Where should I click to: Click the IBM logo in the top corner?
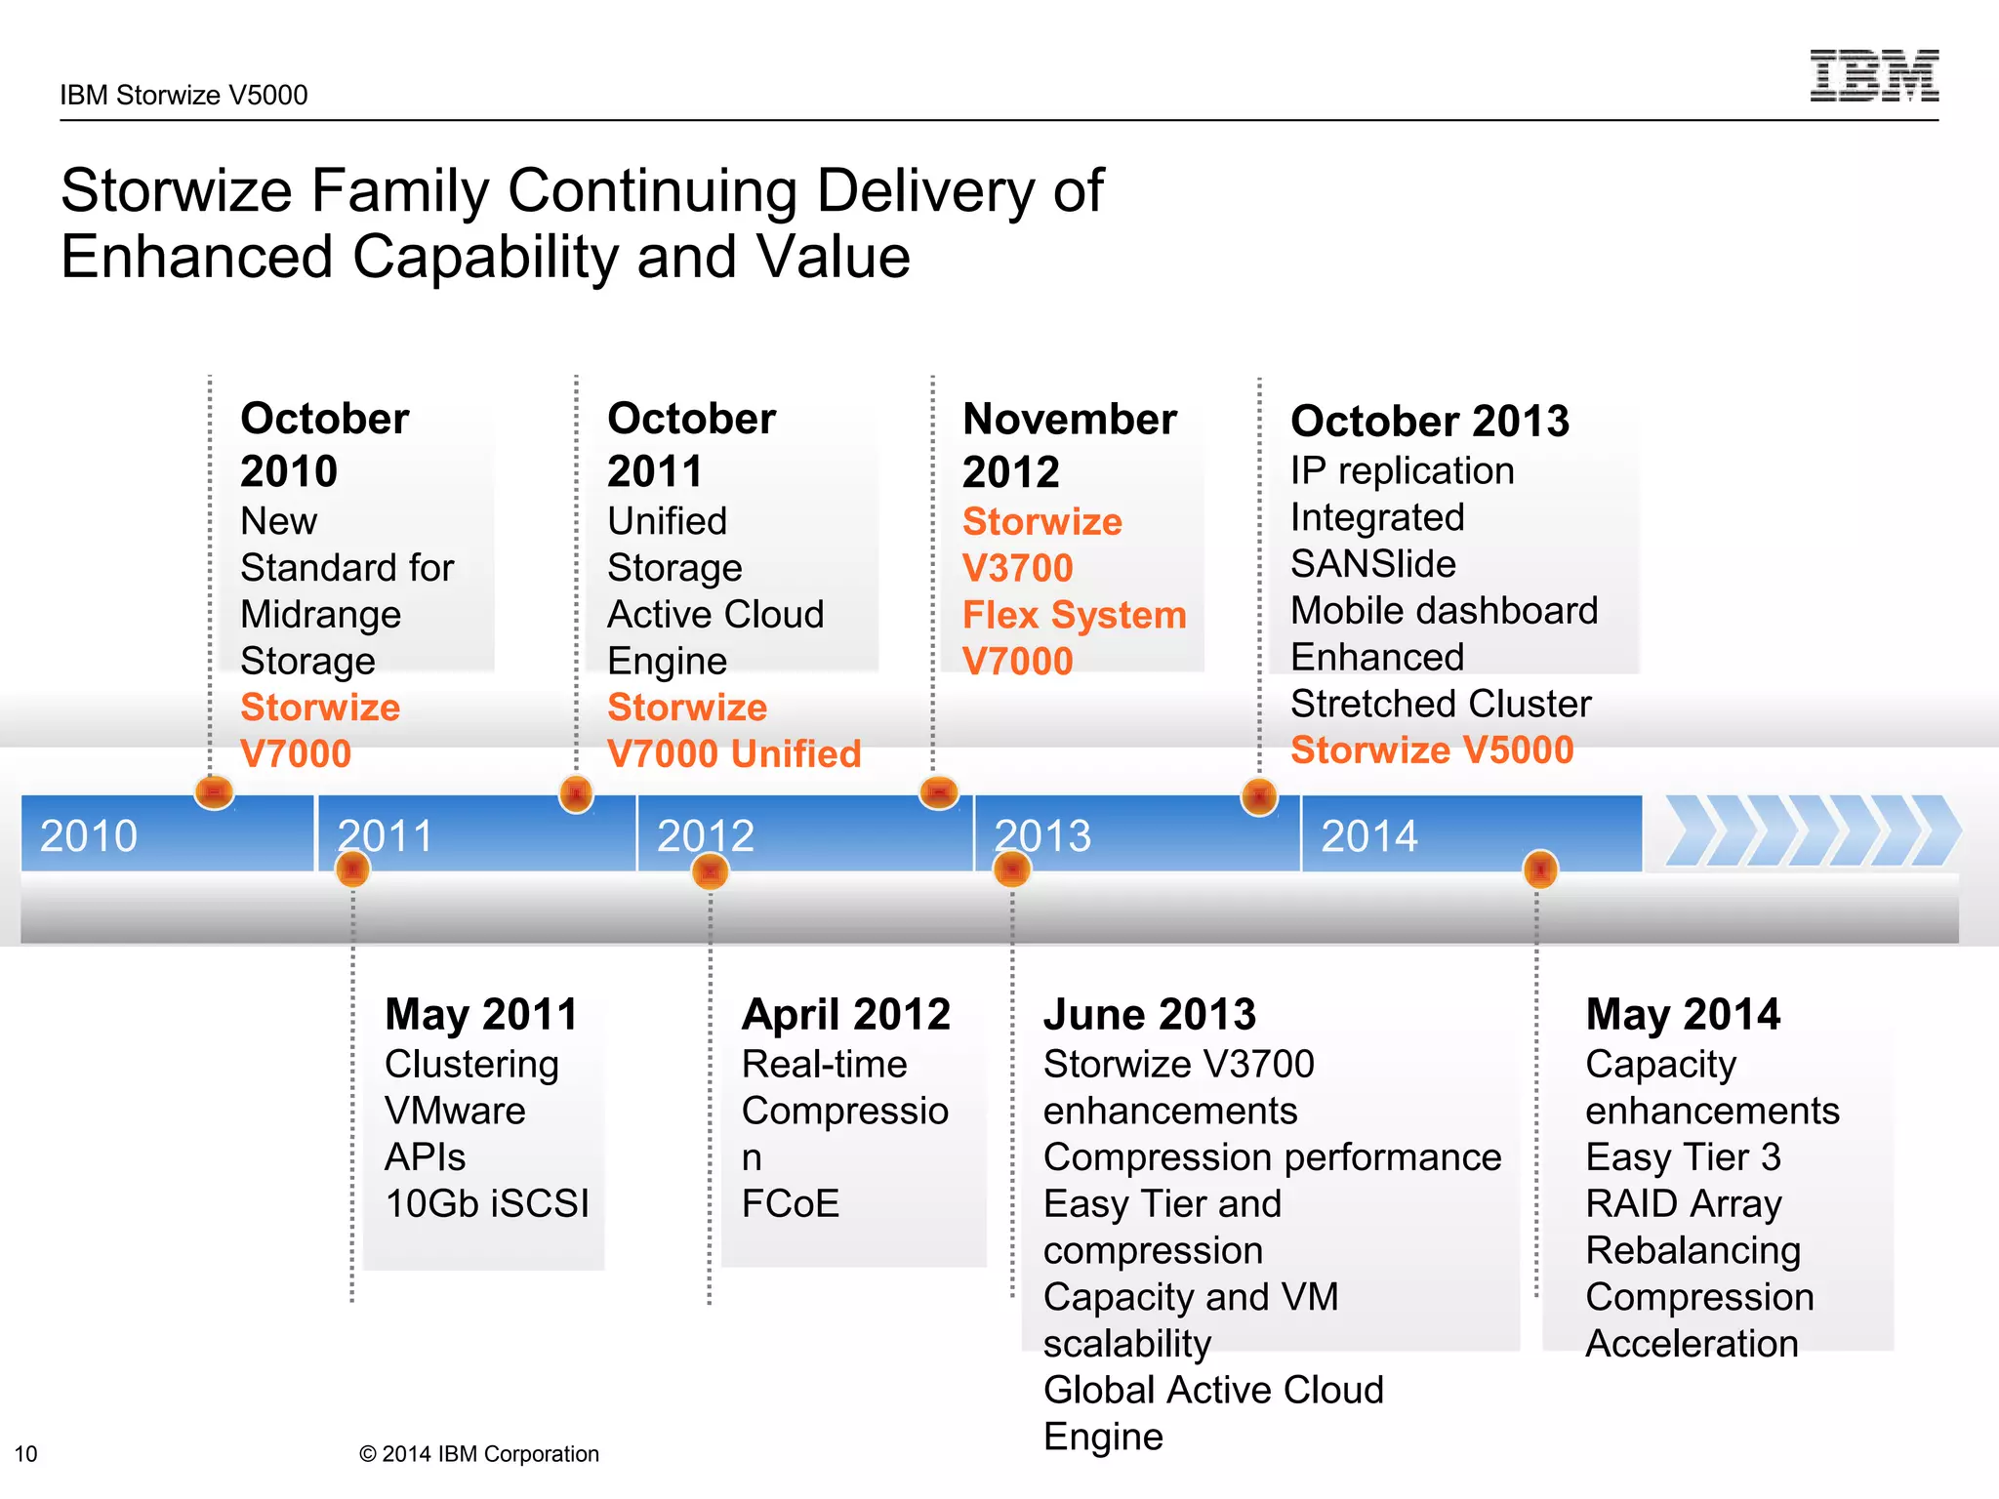tap(1873, 75)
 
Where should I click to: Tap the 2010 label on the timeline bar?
tap(89, 835)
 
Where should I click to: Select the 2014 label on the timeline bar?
tap(1368, 835)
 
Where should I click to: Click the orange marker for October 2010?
tap(214, 791)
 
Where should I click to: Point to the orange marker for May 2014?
tap(1540, 869)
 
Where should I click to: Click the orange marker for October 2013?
tap(1259, 797)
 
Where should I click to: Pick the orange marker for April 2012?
tap(710, 871)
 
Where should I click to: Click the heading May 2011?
tap(481, 1014)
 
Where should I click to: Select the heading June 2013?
tap(1149, 1014)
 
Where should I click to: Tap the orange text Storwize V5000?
tap(1431, 749)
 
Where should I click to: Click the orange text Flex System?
tap(1074, 615)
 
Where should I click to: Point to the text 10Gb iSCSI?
tap(487, 1203)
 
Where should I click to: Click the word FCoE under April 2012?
tap(790, 1203)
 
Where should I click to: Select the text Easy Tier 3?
tap(1683, 1157)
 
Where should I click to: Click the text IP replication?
tap(1402, 470)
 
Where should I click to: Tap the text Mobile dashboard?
tap(1444, 611)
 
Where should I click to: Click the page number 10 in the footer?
tap(26, 1454)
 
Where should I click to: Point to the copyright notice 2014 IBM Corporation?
tap(478, 1454)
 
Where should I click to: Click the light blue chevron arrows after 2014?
tap(1812, 831)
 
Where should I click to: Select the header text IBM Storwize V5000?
tap(184, 95)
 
